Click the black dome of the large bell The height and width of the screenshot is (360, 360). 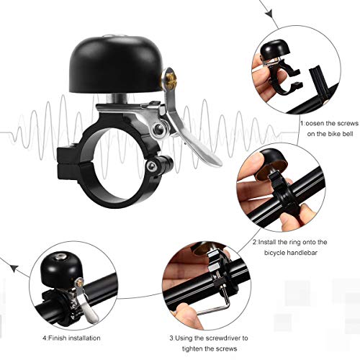[117, 64]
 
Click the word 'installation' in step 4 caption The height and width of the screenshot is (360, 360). [84, 338]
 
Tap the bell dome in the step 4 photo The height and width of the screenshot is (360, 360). [61, 269]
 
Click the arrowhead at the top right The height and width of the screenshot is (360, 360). [269, 14]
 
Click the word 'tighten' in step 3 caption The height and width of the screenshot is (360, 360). [194, 348]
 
